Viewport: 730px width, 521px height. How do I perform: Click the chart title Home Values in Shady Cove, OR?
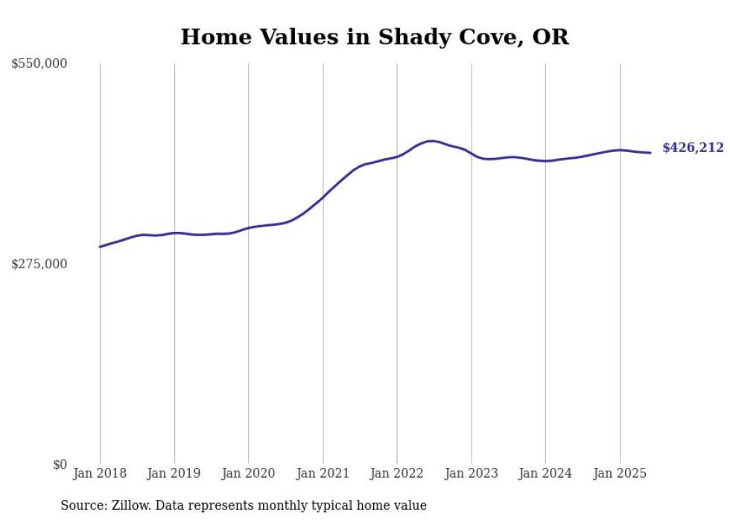click(375, 37)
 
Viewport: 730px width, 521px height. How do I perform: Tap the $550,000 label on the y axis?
click(39, 64)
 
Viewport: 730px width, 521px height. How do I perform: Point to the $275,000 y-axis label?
click(39, 264)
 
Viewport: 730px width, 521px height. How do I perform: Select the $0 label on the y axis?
click(60, 464)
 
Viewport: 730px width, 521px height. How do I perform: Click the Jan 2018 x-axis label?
click(100, 473)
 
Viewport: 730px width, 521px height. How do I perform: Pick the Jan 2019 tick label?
click(174, 473)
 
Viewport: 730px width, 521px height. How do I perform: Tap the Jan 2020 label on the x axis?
click(249, 473)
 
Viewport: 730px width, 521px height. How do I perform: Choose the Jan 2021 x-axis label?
click(323, 473)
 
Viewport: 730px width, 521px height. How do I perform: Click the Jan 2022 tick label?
click(397, 473)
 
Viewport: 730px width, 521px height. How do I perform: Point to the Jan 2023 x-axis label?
click(472, 473)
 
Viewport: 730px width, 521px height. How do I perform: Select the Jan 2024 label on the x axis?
click(545, 473)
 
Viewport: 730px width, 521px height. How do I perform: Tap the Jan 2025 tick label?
click(620, 473)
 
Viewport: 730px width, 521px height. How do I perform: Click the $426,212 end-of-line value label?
click(693, 148)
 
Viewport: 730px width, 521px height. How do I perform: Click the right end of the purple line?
click(651, 153)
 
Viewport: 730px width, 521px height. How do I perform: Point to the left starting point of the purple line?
click(100, 247)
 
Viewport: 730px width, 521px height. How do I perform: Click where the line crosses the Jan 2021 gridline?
click(323, 198)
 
